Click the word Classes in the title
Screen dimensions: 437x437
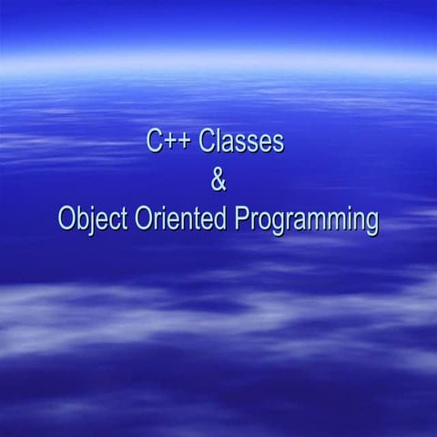pyautogui.click(x=241, y=142)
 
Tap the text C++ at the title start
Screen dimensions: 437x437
pyautogui.click(x=169, y=142)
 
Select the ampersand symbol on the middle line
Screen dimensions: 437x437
pyautogui.click(x=218, y=181)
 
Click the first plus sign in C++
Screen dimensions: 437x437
pyautogui.click(x=169, y=143)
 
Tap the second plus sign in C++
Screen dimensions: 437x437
pyautogui.click(x=185, y=143)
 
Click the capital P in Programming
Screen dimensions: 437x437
pyautogui.click(x=242, y=219)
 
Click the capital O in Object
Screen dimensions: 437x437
pyautogui.click(x=66, y=220)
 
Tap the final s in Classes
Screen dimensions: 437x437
pyautogui.click(x=278, y=144)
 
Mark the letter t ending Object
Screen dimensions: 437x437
pyautogui.click(x=122, y=220)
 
